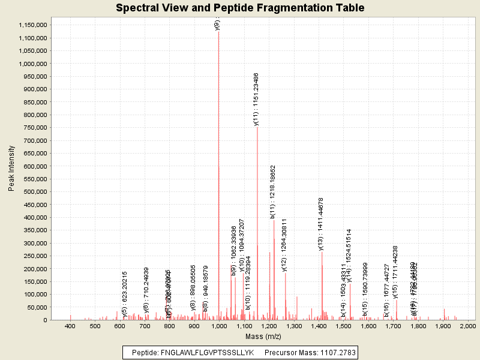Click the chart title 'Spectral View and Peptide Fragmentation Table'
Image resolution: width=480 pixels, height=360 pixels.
240,8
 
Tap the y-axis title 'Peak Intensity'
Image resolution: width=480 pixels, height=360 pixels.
11,169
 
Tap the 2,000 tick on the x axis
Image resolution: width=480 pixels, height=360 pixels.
467,326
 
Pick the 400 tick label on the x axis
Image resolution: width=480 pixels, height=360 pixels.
70,326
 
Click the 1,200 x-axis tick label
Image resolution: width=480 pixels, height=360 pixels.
269,326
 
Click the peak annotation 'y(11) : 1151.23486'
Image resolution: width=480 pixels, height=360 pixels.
257,99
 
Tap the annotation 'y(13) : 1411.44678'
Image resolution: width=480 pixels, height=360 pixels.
321,224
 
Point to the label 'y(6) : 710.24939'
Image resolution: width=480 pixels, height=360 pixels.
146,290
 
